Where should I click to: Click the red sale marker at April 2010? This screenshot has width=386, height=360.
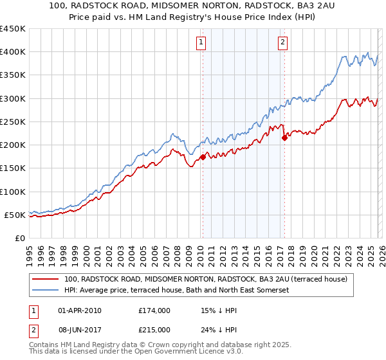pos(203,157)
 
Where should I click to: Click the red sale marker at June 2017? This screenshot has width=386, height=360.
pos(284,138)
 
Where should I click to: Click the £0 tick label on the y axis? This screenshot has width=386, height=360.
pos(19,238)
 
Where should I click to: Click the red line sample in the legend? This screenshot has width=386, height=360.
pos(45,279)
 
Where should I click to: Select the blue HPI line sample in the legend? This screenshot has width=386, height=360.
pos(45,291)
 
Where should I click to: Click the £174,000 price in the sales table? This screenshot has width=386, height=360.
pos(154,310)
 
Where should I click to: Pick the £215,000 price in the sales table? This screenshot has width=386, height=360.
pos(154,329)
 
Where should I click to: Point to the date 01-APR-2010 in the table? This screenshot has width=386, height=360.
pos(80,310)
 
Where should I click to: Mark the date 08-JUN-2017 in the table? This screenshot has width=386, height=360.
pos(80,329)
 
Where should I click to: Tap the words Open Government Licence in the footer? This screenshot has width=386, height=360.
pos(180,352)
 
